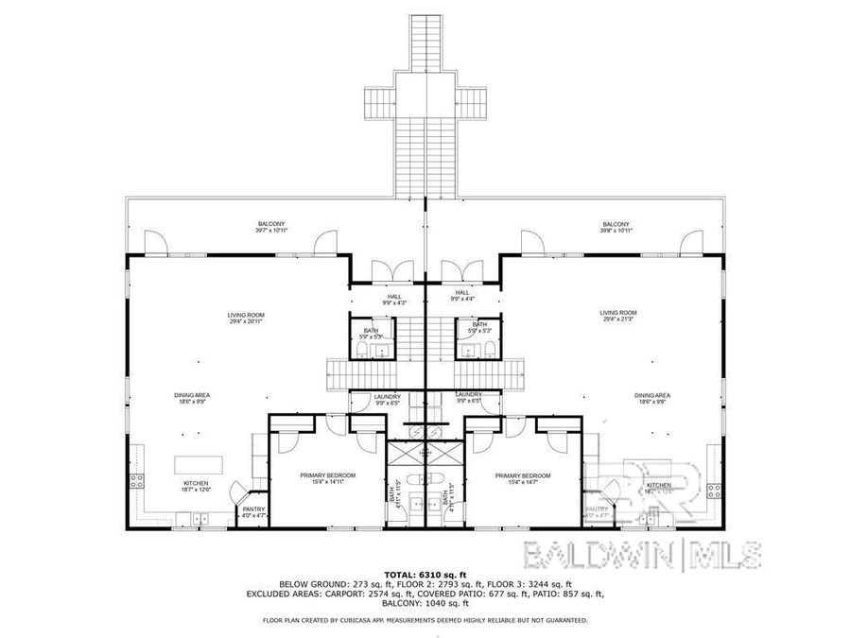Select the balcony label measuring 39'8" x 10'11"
[x=616, y=227]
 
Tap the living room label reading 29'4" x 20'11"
[x=245, y=319]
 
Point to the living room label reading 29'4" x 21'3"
[x=618, y=316]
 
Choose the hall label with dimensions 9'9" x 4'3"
[x=388, y=298]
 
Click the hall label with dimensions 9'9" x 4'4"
[x=462, y=298]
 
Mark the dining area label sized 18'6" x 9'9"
[x=191, y=398]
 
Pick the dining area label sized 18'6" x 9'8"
[x=652, y=398]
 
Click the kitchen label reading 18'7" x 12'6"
[x=196, y=486]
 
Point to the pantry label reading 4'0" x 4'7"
[x=253, y=513]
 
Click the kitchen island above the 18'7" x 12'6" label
[x=199, y=464]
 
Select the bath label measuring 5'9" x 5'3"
[x=372, y=333]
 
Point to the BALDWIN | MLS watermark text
[x=641, y=555]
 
